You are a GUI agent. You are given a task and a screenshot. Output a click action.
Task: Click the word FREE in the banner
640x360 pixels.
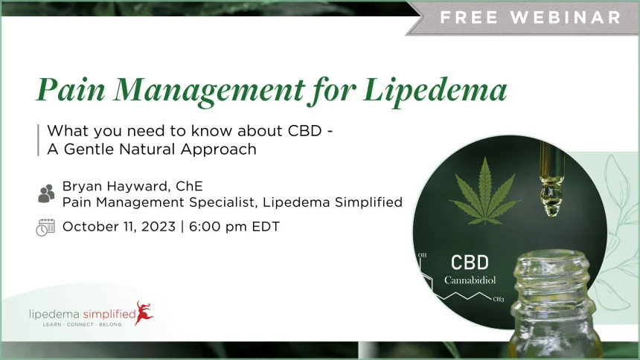coord(469,17)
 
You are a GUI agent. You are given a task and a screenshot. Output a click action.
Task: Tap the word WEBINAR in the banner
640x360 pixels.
coord(566,17)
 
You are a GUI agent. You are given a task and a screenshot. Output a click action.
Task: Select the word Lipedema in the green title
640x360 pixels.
coord(435,91)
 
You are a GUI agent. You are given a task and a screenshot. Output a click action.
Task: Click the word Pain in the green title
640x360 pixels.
coord(71,89)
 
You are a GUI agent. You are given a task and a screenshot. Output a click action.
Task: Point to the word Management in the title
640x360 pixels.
coord(209,91)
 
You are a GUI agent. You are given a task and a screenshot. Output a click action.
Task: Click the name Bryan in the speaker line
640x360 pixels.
coord(82,187)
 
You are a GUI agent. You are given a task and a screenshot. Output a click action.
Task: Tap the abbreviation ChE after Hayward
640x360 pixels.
coord(189,186)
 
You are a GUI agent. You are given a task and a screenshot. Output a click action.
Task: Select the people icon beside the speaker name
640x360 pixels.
coord(46,193)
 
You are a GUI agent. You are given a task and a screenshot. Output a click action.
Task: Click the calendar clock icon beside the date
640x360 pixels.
coord(45,228)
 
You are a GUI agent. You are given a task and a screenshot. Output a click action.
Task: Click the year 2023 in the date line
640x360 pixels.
coord(159,227)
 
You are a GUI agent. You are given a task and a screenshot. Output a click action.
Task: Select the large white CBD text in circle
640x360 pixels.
coord(470,263)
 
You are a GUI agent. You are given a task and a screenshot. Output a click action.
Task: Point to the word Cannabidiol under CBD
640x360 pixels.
coord(470,280)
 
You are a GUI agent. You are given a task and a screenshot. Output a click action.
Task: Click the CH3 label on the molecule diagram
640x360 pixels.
coord(499,299)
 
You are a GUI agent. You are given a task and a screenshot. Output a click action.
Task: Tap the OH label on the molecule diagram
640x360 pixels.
coord(422,255)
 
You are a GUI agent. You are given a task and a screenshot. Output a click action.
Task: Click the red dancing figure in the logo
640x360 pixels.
coord(144,312)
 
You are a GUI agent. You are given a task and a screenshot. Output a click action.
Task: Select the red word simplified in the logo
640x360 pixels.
coord(109,315)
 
